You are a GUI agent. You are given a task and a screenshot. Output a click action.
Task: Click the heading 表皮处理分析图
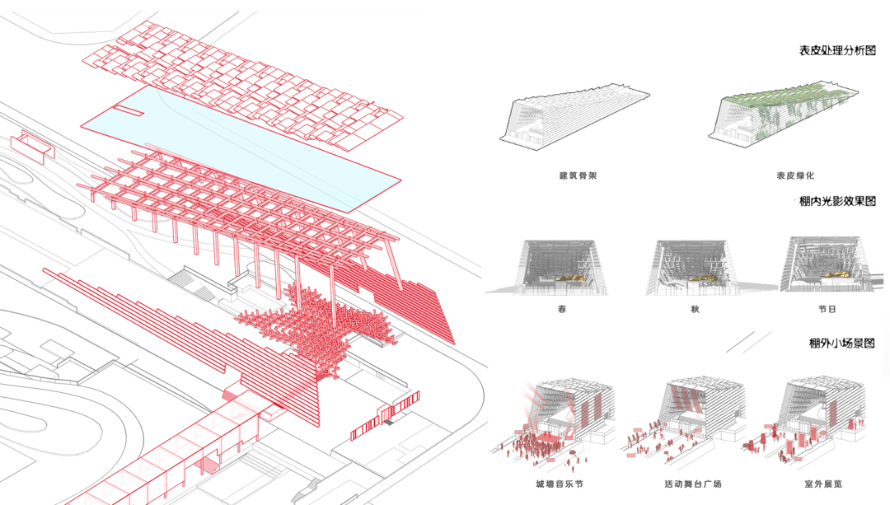(836, 51)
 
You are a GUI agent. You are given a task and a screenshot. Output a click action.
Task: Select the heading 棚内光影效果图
(836, 201)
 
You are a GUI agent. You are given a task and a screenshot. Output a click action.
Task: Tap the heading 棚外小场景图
(841, 344)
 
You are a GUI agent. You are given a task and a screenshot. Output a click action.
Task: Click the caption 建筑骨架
(576, 175)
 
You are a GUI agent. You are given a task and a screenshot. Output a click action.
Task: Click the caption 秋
(695, 311)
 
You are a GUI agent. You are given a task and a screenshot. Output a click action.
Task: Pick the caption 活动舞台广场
(692, 484)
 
